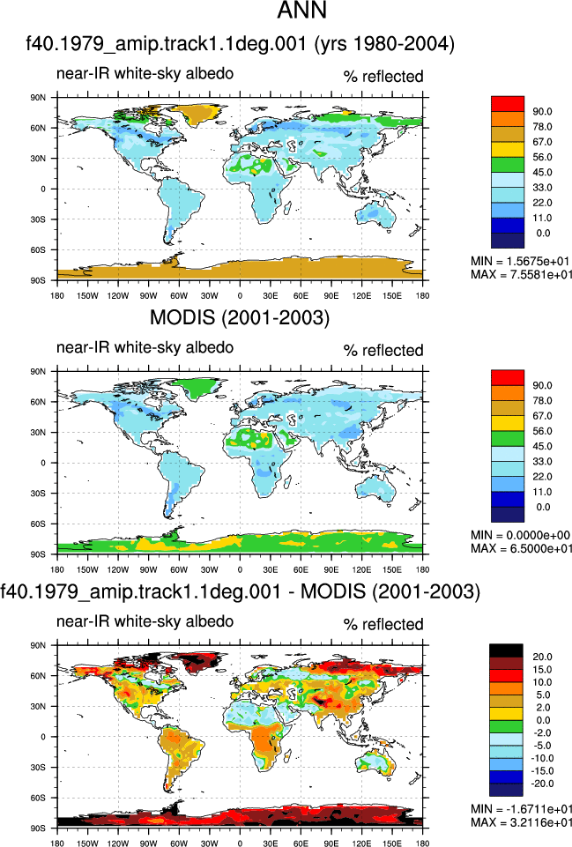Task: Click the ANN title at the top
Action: [302, 11]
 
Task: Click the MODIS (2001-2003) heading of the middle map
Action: [239, 317]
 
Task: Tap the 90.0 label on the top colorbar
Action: [542, 111]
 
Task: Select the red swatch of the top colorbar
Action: [507, 104]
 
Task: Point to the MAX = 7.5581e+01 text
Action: [520, 274]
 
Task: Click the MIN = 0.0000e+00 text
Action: [520, 535]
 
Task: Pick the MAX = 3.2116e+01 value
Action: [520, 822]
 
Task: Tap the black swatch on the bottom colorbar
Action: [506, 650]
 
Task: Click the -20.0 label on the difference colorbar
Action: [542, 784]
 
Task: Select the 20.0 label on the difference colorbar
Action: [542, 657]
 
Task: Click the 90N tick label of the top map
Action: [38, 97]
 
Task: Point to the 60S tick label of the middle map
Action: [38, 524]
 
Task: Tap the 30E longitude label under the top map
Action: [271, 295]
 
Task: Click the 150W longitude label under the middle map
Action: [87, 569]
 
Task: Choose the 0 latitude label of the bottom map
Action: [42, 737]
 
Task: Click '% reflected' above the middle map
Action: [383, 351]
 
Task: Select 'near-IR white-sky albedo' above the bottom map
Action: [145, 621]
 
